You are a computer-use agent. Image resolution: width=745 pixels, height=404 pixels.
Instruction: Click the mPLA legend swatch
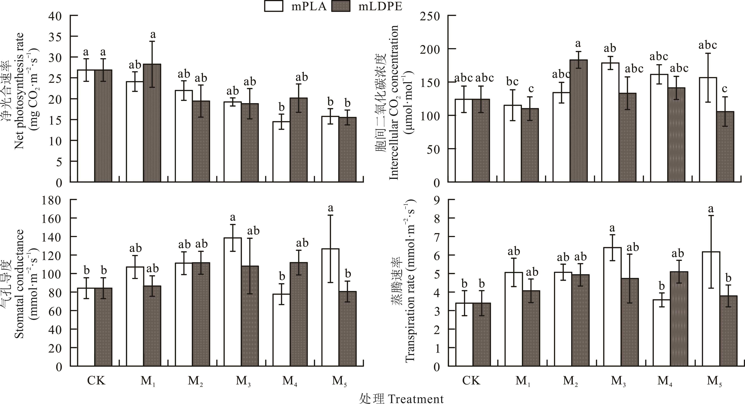tap(273, 6)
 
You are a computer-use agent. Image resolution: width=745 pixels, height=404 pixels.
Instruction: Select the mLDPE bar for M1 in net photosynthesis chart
tap(152, 123)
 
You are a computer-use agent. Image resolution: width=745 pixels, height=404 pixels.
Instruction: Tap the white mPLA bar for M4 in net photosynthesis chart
tap(281, 151)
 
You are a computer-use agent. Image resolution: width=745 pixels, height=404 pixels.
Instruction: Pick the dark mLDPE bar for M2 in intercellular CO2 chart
tap(578, 121)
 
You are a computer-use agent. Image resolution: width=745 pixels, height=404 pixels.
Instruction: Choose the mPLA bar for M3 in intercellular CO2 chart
tap(610, 122)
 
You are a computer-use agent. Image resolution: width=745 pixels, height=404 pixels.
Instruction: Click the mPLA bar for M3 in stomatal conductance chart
tap(233, 302)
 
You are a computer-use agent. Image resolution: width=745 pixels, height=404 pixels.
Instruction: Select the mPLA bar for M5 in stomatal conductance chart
tap(330, 308)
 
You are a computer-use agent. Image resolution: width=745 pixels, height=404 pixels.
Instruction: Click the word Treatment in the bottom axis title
tap(416, 399)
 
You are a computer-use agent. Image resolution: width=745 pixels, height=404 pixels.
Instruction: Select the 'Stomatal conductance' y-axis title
tap(19, 284)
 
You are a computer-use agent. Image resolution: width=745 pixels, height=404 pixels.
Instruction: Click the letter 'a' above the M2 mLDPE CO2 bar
tap(578, 44)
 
